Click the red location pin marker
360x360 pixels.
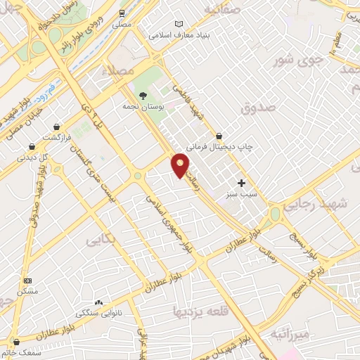[x=181, y=165]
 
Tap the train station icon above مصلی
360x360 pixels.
[x=123, y=13]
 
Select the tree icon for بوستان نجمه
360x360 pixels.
[x=143, y=96]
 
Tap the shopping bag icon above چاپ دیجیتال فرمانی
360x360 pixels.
[x=219, y=135]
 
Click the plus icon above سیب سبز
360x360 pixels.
[x=241, y=182]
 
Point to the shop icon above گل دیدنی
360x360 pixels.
[x=32, y=147]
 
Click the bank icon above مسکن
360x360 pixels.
[x=27, y=280]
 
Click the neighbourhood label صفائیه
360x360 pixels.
[x=222, y=9]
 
